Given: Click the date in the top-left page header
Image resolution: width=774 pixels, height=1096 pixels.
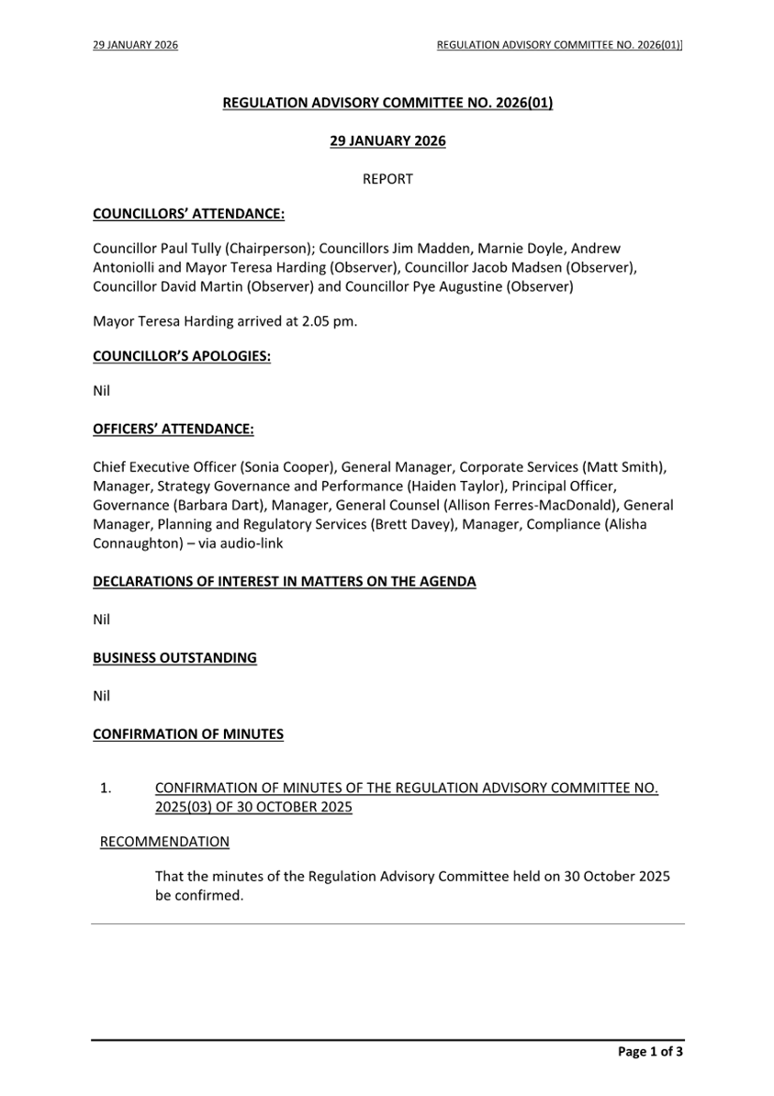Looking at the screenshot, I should pyautogui.click(x=135, y=44).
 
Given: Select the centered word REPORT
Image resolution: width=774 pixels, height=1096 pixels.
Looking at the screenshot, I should pyautogui.click(x=387, y=179).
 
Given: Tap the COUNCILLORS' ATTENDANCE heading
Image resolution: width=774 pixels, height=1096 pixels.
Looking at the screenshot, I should pyautogui.click(x=188, y=215).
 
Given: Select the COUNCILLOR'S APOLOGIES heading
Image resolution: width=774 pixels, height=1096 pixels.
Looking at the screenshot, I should pyautogui.click(x=182, y=356).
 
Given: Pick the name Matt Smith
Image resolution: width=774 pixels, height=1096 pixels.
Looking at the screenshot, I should pyautogui.click(x=624, y=467).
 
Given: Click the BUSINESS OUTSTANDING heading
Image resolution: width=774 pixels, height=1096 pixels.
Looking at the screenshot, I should pyautogui.click(x=174, y=658).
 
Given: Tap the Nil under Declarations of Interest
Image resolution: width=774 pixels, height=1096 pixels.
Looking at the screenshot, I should pyautogui.click(x=101, y=620).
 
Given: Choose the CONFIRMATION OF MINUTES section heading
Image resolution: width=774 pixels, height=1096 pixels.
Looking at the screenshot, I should pyautogui.click(x=188, y=734).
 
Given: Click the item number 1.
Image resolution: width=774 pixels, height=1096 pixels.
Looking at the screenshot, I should pyautogui.click(x=106, y=788).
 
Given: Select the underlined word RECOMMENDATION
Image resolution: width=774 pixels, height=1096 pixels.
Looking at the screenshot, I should pyautogui.click(x=164, y=842).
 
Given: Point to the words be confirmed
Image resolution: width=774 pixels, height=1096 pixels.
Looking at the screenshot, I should pyautogui.click(x=198, y=895).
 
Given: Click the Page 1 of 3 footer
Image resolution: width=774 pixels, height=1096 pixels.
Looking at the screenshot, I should pyautogui.click(x=650, y=1052).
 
